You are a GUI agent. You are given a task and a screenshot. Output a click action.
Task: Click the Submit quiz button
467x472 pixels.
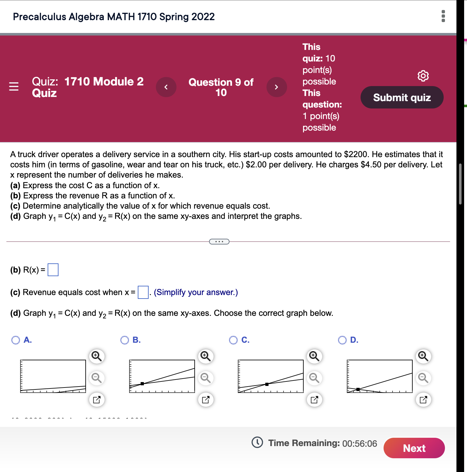pos(402,97)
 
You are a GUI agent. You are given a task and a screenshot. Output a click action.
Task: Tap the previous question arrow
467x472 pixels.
pos(166,87)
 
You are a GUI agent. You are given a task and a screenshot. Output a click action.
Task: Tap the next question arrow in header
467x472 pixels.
pos(276,87)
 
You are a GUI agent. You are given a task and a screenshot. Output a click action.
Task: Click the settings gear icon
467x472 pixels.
pos(423,76)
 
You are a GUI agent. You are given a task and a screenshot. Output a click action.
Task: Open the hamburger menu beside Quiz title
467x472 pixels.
pos(14,86)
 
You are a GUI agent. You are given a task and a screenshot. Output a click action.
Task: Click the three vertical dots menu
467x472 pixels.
pos(443,16)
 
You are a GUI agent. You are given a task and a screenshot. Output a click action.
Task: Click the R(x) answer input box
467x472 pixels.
pos(53,270)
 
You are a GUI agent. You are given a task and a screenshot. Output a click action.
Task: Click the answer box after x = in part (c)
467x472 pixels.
pos(143,292)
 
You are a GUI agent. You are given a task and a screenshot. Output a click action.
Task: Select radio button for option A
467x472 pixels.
pos(16,340)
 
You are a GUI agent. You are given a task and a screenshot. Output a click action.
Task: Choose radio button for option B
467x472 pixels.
pos(125,340)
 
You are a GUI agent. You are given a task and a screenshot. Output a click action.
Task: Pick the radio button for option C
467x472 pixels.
pos(233,340)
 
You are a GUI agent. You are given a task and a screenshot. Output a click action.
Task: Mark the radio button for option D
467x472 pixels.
pos(342,340)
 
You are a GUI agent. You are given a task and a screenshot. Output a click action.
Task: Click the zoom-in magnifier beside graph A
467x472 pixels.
pos(97,356)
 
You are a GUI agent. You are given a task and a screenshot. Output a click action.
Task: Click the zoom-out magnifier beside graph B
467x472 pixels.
pos(205,378)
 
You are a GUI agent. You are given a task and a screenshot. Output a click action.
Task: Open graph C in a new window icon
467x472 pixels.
pos(314,400)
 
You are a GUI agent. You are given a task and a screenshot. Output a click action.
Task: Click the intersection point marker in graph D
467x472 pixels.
pos(358,389)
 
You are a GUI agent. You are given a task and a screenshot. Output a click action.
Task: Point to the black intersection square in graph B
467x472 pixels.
pos(142,383)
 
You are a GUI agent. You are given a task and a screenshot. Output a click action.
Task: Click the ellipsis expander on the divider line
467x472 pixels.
pos(219,242)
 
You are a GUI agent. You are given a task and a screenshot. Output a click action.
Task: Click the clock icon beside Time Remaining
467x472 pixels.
pos(257,443)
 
